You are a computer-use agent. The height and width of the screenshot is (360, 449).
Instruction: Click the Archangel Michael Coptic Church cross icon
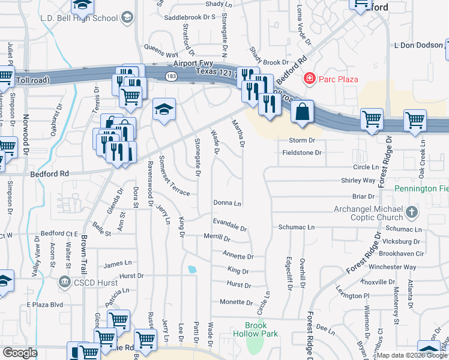pyautogui.click(x=411, y=211)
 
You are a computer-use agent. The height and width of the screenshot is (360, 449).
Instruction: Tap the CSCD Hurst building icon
pyautogui.click(x=64, y=281)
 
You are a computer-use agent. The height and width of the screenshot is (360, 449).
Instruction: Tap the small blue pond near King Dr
pyautogui.click(x=191, y=269)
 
